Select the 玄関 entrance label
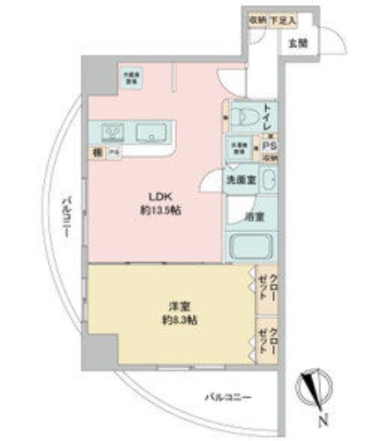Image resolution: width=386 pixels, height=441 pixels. tap(299, 43)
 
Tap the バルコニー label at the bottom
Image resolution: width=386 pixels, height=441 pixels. tap(229, 397)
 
